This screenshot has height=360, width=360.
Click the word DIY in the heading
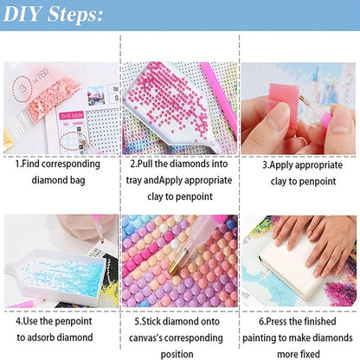[22, 14]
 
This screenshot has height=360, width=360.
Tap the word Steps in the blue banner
[74, 15]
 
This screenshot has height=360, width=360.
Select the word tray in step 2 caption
[134, 181]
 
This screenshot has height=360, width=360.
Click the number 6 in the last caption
[261, 321]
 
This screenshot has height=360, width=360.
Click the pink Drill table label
[72, 115]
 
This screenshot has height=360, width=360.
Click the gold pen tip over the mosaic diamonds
[175, 265]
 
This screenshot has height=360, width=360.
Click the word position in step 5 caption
[177, 354]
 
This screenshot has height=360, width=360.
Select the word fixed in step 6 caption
[309, 354]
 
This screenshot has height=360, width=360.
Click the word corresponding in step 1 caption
[71, 164]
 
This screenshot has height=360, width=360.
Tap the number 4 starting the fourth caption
[18, 321]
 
